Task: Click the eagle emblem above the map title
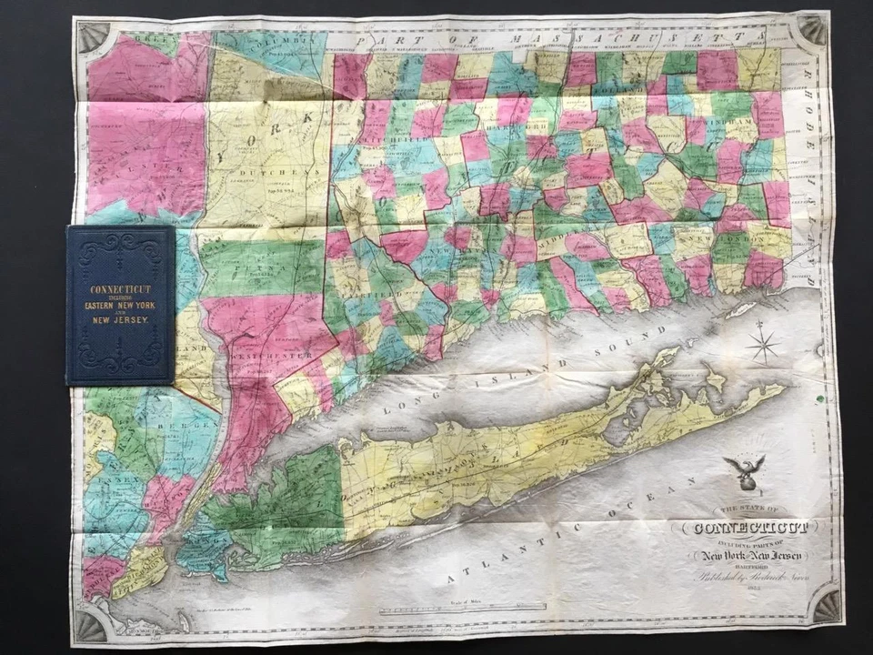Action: (744, 470)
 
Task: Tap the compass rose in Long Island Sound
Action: (762, 345)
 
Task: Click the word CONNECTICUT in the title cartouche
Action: (744, 528)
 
